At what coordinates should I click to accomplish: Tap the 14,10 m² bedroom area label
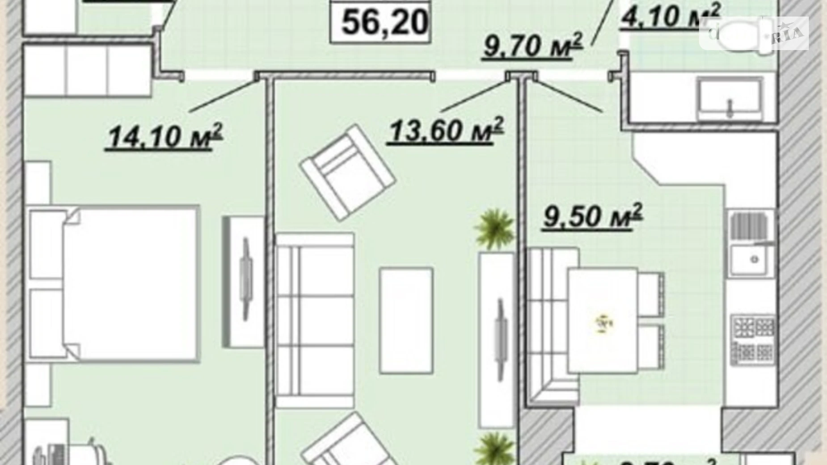pos(164,136)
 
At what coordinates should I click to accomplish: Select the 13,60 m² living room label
pos(445,131)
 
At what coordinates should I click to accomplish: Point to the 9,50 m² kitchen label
pos(592,216)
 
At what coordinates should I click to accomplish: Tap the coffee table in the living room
pos(406,320)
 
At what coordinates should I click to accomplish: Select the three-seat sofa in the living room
pos(315,320)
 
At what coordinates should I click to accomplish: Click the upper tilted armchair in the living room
pos(348,172)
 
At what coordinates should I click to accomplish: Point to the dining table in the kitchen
pos(603,320)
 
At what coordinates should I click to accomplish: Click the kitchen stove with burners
pos(752,339)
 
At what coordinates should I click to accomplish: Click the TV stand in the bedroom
pos(244,282)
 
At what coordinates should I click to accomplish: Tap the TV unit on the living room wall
pos(497,340)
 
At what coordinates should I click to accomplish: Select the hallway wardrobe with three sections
pos(87,70)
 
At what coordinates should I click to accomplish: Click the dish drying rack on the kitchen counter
pos(750,226)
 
